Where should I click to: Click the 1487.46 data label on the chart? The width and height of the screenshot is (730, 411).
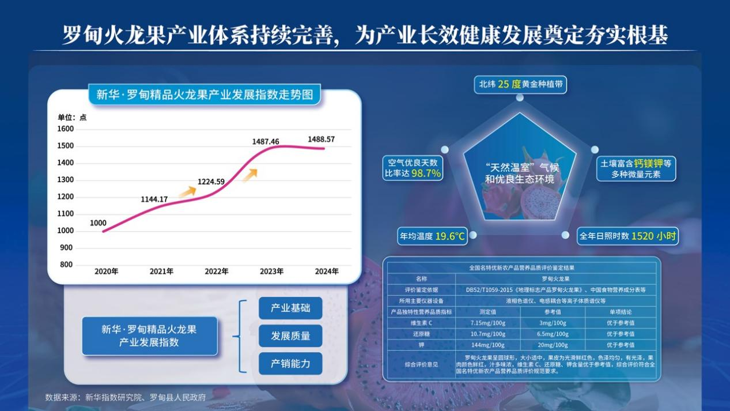[x=266, y=141]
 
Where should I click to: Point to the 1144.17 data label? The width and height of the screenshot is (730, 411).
[x=154, y=199]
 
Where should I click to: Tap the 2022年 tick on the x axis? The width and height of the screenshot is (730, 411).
[x=217, y=271]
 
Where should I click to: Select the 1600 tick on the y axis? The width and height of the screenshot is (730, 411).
[x=66, y=129]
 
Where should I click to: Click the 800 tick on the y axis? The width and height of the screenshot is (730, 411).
[x=67, y=265]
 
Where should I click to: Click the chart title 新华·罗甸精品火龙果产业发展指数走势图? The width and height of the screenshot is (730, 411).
[x=205, y=95]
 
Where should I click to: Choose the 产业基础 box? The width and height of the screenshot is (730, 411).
[x=290, y=308]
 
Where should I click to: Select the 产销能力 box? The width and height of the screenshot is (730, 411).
[x=290, y=364]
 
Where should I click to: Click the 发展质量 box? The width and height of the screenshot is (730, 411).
[x=290, y=335]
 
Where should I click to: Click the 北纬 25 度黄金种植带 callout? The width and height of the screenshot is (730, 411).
[x=520, y=84]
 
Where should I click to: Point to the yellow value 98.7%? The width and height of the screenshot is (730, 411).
[x=426, y=174]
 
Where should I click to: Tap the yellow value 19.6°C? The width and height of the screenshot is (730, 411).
[x=450, y=236]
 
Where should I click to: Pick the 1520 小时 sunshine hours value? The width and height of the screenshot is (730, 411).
[x=653, y=236]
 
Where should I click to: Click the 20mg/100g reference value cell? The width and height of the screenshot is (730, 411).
[x=552, y=345]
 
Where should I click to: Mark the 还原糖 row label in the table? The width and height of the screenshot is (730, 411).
[x=421, y=334]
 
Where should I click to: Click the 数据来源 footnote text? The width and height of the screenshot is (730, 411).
[x=125, y=397]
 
